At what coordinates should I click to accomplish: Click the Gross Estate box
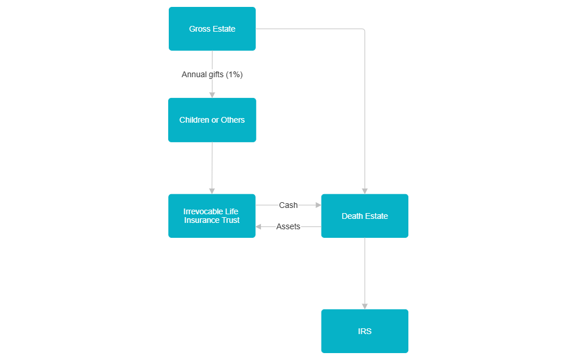click(x=212, y=29)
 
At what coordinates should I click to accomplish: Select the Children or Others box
click(x=212, y=120)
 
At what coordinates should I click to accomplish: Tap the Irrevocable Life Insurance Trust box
click(x=212, y=215)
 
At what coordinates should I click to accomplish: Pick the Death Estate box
click(x=365, y=216)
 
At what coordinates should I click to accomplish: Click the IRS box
click(x=365, y=331)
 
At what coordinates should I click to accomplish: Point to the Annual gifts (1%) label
click(x=212, y=74)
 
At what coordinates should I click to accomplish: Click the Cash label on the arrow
click(x=288, y=205)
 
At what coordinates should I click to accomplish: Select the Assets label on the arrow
click(x=288, y=226)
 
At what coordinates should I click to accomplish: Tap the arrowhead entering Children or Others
click(x=212, y=94)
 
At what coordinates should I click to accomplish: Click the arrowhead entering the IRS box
click(x=365, y=306)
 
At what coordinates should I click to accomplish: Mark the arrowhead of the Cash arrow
click(x=317, y=205)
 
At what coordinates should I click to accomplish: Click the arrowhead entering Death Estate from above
click(x=365, y=191)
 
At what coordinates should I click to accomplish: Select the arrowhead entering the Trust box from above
click(x=212, y=191)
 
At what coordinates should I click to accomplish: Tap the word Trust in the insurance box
click(x=228, y=220)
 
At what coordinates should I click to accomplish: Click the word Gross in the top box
click(x=199, y=29)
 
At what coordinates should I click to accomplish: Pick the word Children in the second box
click(x=194, y=120)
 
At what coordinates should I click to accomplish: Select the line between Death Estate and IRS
click(x=365, y=271)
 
